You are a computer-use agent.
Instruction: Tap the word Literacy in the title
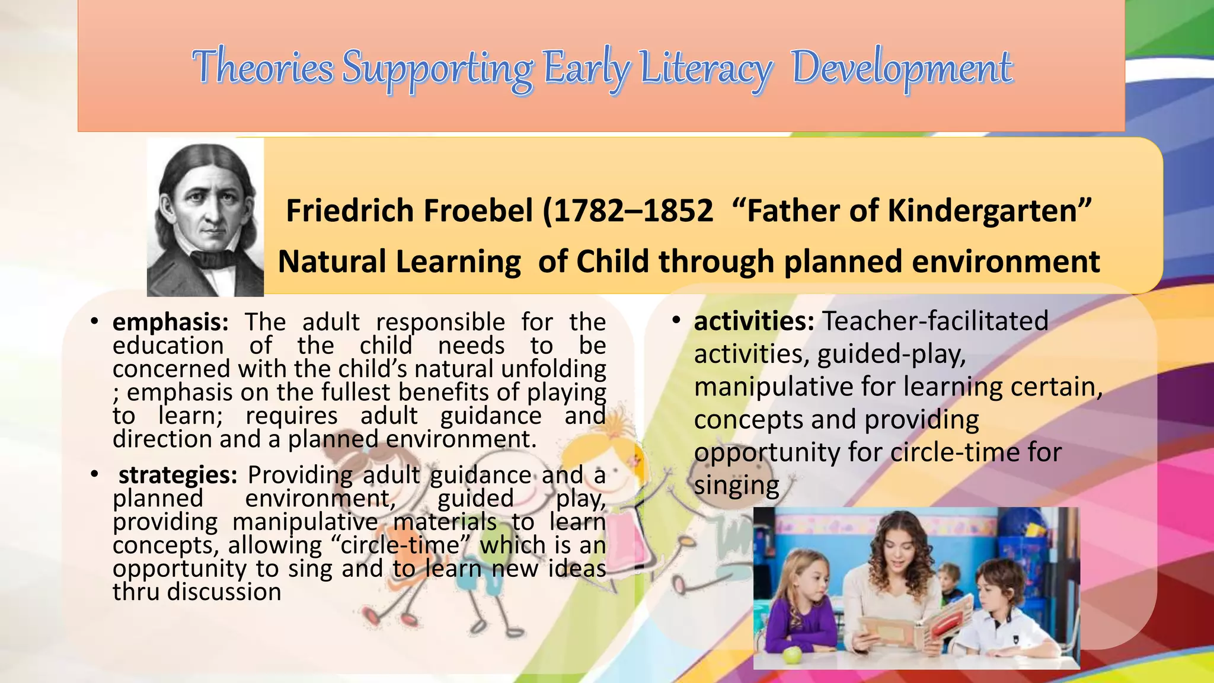[705, 68]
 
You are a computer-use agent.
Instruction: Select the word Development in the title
[902, 68]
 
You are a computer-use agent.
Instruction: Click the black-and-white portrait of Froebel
[205, 217]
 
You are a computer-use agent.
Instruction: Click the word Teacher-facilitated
[935, 321]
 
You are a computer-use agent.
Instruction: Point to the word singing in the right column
[736, 486]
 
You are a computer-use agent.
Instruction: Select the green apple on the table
[792, 655]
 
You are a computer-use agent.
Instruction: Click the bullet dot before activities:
[676, 321]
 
